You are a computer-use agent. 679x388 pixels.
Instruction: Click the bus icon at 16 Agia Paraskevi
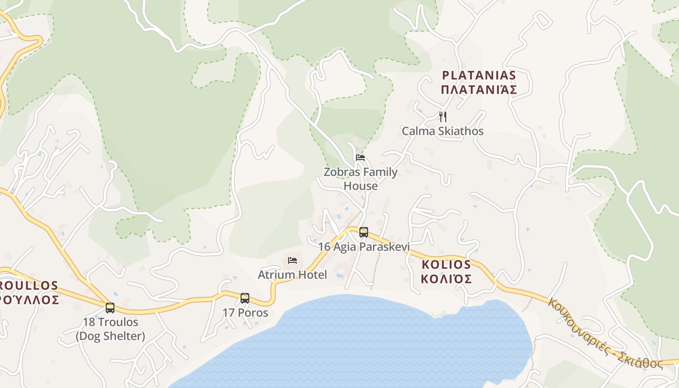coord(364,232)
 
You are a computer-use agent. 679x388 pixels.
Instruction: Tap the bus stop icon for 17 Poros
coord(245,298)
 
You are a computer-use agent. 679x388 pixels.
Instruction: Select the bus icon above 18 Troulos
coord(110,307)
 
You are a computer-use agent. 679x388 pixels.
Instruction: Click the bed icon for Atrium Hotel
coord(292,260)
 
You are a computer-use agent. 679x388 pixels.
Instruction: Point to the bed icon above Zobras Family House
coord(360,157)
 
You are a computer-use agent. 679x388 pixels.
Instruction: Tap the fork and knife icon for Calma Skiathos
coord(442,116)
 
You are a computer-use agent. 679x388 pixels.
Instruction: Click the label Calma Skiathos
coord(442,131)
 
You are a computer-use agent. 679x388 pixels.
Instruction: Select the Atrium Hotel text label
coord(292,275)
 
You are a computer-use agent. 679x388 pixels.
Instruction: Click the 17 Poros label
coord(245,313)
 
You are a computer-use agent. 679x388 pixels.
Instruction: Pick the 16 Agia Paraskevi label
coord(364,247)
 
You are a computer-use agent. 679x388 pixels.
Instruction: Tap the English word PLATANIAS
coord(479,75)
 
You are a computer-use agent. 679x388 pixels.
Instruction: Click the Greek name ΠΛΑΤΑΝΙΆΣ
coord(479,90)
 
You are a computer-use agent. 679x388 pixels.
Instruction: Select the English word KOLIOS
coord(446,265)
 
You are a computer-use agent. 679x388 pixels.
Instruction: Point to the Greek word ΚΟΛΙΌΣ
coord(446,279)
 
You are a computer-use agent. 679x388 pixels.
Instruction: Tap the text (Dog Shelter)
coord(110,336)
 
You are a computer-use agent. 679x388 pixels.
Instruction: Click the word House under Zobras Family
coord(360,186)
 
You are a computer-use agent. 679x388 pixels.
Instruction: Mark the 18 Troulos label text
coord(110,322)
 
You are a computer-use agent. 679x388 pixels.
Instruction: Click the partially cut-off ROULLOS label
coord(29,286)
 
